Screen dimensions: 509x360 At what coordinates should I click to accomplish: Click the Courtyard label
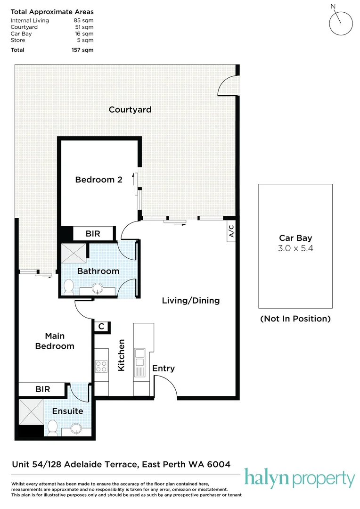pyautogui.click(x=130, y=110)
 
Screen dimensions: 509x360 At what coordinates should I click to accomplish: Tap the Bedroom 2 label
pyautogui.click(x=99, y=180)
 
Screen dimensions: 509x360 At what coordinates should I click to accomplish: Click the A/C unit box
pyautogui.click(x=231, y=231)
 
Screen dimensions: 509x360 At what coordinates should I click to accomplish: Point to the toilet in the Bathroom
pyautogui.click(x=69, y=286)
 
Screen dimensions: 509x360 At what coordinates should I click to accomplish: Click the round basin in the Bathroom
pyautogui.click(x=98, y=288)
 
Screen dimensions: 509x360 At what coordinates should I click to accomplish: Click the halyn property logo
pyautogui.click(x=299, y=479)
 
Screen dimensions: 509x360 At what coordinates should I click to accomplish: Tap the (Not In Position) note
pyautogui.click(x=295, y=319)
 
